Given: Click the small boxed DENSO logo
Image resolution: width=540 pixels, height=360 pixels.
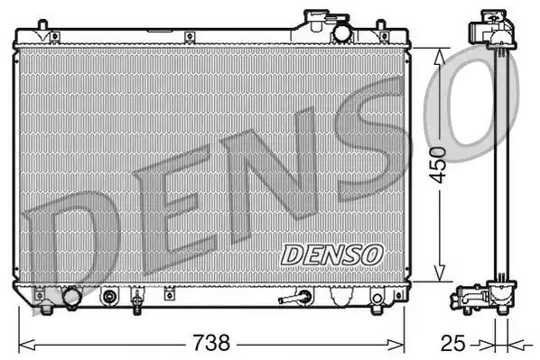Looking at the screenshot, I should pos(331,254).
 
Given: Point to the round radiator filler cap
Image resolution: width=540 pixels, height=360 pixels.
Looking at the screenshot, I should pos(342,32).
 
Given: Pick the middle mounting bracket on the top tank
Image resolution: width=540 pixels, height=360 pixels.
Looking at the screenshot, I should pos(190,36).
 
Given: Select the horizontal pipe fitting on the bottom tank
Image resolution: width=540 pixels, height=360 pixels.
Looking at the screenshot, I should pos(296,298).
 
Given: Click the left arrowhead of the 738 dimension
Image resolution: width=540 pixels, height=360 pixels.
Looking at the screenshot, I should pos(23,344).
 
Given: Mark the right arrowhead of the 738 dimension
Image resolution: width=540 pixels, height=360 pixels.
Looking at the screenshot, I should pos(404,344).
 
